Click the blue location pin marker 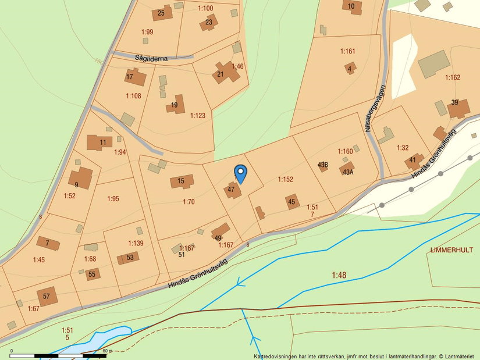pos(240,173)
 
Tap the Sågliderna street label pos(151,58)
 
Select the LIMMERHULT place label pos(451,249)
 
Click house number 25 pos(161,13)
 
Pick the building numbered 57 pos(47,296)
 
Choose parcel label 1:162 pos(452,77)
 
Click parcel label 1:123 pos(198,116)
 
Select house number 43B pos(323,165)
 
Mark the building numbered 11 pos(99,142)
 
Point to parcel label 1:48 pos(339,275)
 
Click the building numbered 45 pos(292,202)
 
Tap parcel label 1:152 pos(285,180)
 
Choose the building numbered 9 pos(80,178)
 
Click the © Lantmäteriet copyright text pos(457,356)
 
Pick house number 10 pos(351,6)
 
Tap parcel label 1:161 pos(347,51)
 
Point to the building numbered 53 pos(129,258)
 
